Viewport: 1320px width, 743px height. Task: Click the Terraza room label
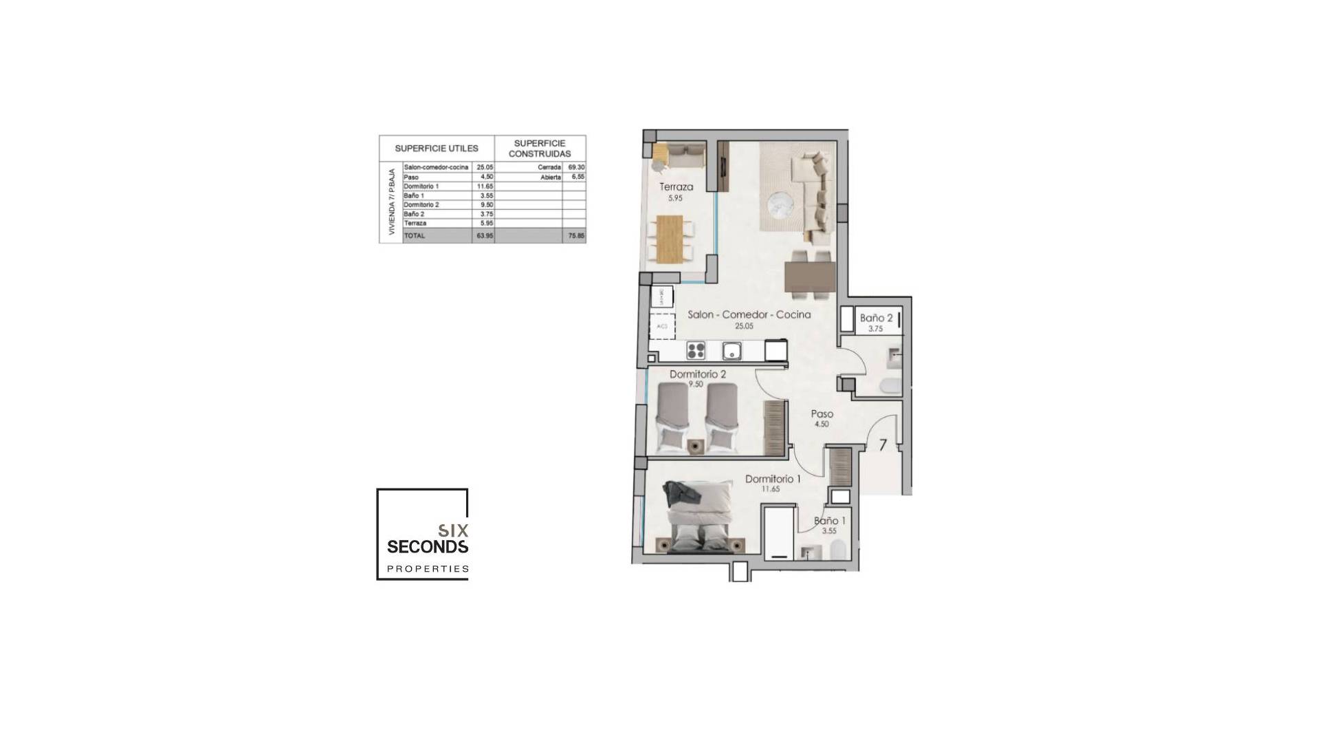(676, 187)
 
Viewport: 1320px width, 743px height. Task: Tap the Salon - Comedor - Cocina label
(749, 314)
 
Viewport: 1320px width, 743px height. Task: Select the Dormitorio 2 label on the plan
(697, 375)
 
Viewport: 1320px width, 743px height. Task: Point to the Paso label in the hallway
(822, 414)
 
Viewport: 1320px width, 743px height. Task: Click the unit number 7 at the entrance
(883, 445)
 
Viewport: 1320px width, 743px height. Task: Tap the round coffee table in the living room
(780, 203)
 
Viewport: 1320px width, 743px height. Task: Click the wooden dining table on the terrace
(670, 239)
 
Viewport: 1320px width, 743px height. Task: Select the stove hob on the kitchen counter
(696, 351)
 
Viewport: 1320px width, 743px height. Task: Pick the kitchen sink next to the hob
(731, 351)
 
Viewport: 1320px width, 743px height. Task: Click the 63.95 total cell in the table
(484, 236)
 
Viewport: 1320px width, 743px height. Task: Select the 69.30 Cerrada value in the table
(576, 167)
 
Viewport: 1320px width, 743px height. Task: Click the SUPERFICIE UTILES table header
(436, 149)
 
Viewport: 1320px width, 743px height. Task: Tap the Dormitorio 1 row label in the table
(421, 186)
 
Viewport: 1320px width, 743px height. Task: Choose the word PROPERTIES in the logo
(428, 569)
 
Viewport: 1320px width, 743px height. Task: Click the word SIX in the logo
(453, 531)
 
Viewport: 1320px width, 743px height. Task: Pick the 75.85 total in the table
(576, 236)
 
